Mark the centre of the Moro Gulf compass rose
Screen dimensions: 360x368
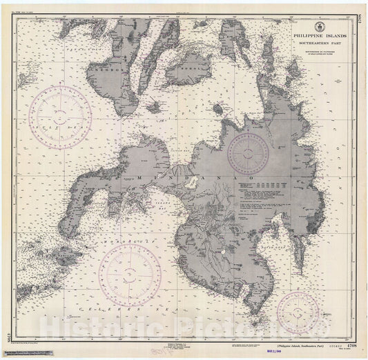[x=129, y=276]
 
